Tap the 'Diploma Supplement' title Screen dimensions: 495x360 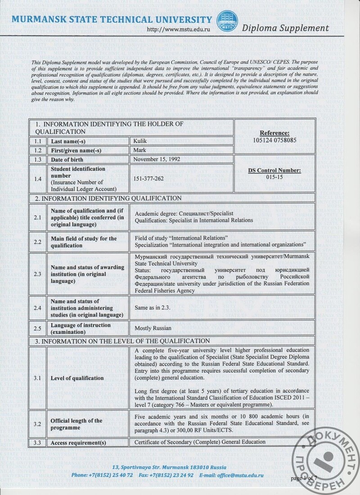[x=285, y=28]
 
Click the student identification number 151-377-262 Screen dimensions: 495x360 [x=149, y=179]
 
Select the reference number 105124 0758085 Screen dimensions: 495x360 [x=274, y=140]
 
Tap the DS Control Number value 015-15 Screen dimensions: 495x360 [x=274, y=177]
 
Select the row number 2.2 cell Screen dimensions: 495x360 [x=38, y=242]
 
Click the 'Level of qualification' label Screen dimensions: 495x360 [x=77, y=378]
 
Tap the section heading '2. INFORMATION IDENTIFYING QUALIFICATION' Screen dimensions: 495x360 [x=105, y=198]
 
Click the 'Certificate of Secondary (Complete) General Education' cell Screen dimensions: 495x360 [x=200, y=442]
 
